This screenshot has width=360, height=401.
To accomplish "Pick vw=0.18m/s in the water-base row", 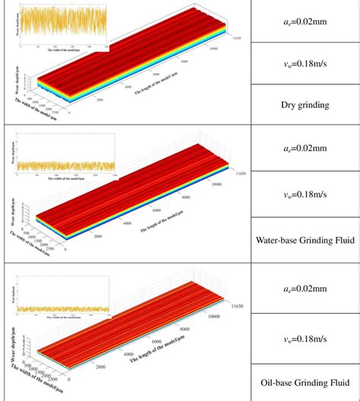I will click(304, 195).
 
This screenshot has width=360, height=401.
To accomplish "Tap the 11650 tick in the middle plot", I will click(240, 174).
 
